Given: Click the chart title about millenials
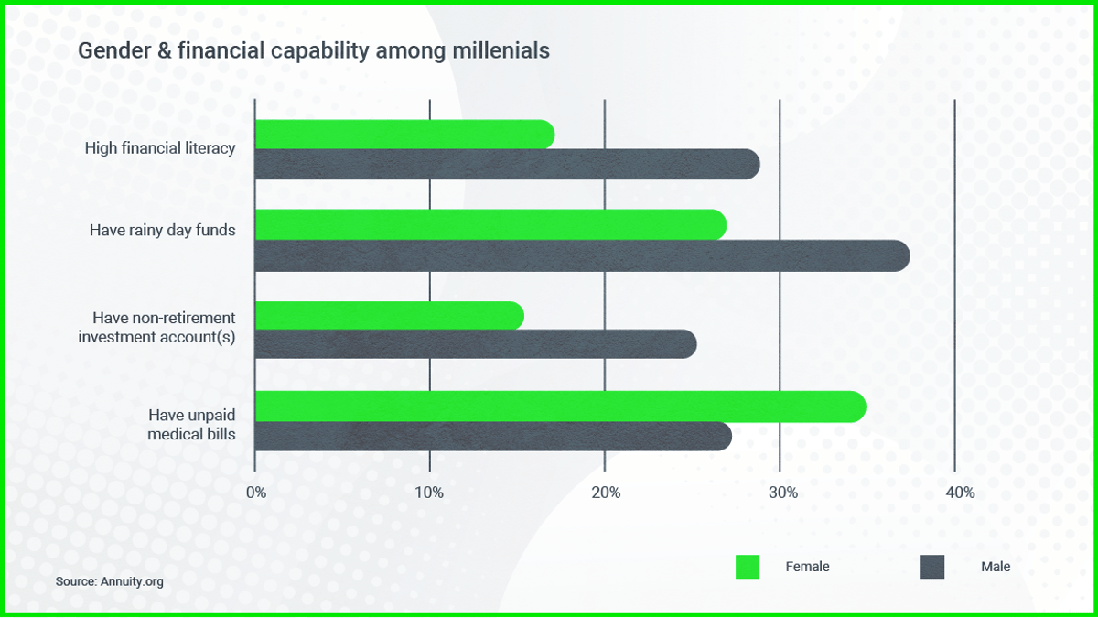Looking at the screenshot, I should [x=314, y=51].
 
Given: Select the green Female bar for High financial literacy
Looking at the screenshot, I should [x=404, y=135].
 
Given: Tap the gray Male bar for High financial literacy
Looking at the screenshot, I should [x=506, y=164].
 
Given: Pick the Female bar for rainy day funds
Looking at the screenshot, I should [x=490, y=225].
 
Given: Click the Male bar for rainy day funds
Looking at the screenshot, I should [x=581, y=255].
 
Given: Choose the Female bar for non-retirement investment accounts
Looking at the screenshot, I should [x=389, y=316].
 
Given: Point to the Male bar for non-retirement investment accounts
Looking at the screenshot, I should [x=475, y=344].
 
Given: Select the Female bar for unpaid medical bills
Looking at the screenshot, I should [x=559, y=407].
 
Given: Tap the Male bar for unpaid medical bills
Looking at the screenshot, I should [x=492, y=437].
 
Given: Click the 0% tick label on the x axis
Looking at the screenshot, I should [x=256, y=493].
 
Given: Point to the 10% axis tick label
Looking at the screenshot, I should [x=429, y=493].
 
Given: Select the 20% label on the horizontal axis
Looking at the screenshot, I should [x=605, y=493].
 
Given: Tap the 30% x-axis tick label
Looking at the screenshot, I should [x=782, y=493].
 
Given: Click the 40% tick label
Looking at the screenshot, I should [x=959, y=493].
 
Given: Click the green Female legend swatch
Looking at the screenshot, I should [x=748, y=567].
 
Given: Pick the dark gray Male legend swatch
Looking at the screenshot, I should [x=931, y=567].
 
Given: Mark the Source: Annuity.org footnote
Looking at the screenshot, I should [x=109, y=581].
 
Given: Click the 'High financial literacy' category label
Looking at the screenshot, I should [x=160, y=147].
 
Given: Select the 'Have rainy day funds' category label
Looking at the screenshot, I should [x=162, y=230].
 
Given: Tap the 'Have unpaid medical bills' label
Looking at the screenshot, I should [x=191, y=425].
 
